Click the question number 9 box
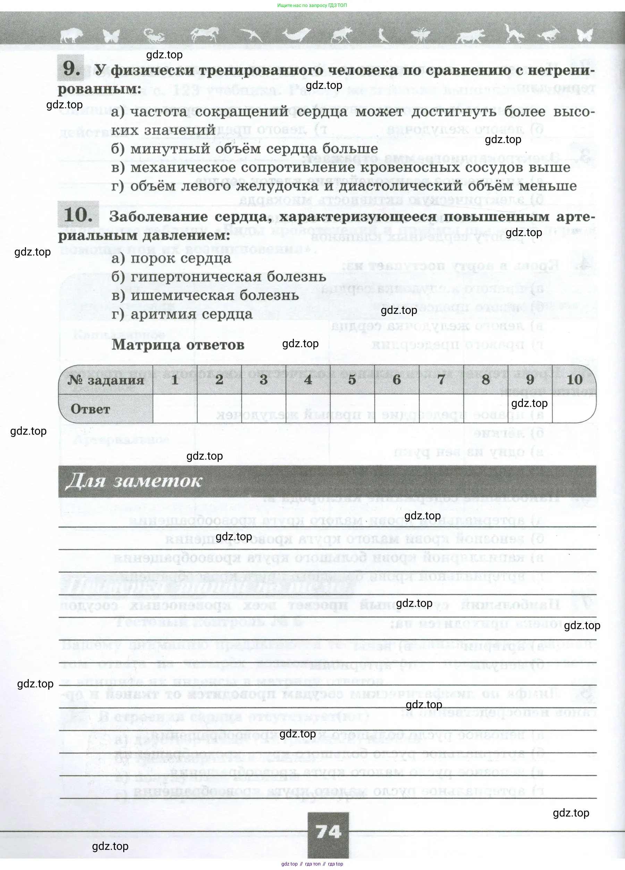tap(70, 68)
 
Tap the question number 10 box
tap(78, 215)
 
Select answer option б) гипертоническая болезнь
tap(219, 277)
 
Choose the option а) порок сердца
tap(171, 258)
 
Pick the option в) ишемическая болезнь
tap(205, 295)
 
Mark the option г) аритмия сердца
tap(182, 314)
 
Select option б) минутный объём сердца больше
tap(245, 149)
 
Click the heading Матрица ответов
tap(178, 344)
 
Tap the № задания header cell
tap(106, 380)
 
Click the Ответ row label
tap(91, 409)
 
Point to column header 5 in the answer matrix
tap(352, 380)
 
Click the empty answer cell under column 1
tap(175, 409)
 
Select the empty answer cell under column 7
tap(441, 409)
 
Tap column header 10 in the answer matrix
tap(574, 380)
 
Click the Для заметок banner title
tap(134, 481)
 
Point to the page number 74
tap(328, 832)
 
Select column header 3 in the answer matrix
tap(263, 380)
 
